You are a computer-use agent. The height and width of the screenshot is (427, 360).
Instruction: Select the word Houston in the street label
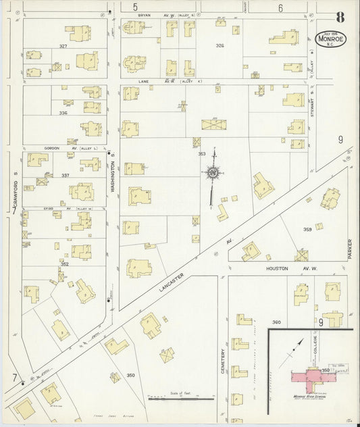[278, 268]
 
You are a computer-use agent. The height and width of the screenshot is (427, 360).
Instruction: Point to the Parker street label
[351, 249]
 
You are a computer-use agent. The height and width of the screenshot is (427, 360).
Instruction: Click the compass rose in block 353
[213, 174]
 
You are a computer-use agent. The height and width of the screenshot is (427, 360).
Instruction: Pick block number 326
[219, 45]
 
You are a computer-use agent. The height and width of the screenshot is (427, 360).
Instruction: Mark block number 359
[307, 229]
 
